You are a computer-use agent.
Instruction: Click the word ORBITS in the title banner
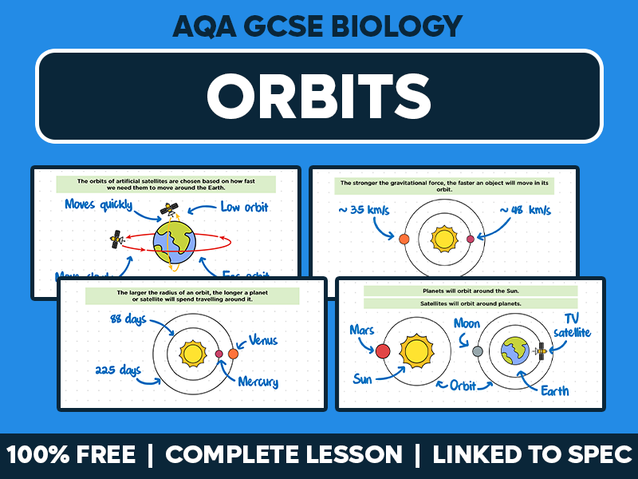[319, 96]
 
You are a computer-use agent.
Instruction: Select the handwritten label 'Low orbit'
[244, 208]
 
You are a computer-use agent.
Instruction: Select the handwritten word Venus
[262, 340]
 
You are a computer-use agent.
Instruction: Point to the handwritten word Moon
[467, 323]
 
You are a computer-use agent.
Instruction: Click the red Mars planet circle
[383, 350]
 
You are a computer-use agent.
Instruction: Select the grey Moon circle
[478, 351]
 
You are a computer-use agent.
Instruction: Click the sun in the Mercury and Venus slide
[191, 353]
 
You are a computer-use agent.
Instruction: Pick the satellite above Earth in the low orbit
[168, 210]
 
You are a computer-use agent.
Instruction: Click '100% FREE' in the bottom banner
[72, 455]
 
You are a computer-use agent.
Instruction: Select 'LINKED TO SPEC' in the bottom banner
[532, 455]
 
